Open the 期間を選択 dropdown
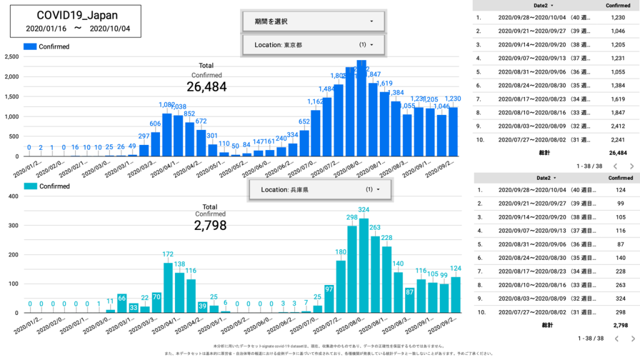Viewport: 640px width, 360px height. (x=314, y=21)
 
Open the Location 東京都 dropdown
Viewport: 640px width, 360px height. (x=314, y=45)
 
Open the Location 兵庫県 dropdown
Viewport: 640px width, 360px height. (x=321, y=189)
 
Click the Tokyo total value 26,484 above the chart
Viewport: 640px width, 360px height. (x=206, y=87)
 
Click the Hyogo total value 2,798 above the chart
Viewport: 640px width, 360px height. (x=210, y=226)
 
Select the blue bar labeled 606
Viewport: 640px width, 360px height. (x=156, y=144)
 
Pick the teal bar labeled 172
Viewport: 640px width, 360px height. (x=167, y=287)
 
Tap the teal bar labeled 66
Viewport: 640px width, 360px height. (x=122, y=303)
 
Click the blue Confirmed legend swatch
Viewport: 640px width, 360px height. (x=30, y=46)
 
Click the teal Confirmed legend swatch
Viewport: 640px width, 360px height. (x=30, y=186)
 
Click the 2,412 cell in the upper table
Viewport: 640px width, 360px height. (x=617, y=126)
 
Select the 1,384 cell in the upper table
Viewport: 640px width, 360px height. (x=617, y=85)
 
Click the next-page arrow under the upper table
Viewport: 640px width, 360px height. (x=632, y=166)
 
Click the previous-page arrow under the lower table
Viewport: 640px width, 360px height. (x=615, y=339)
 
